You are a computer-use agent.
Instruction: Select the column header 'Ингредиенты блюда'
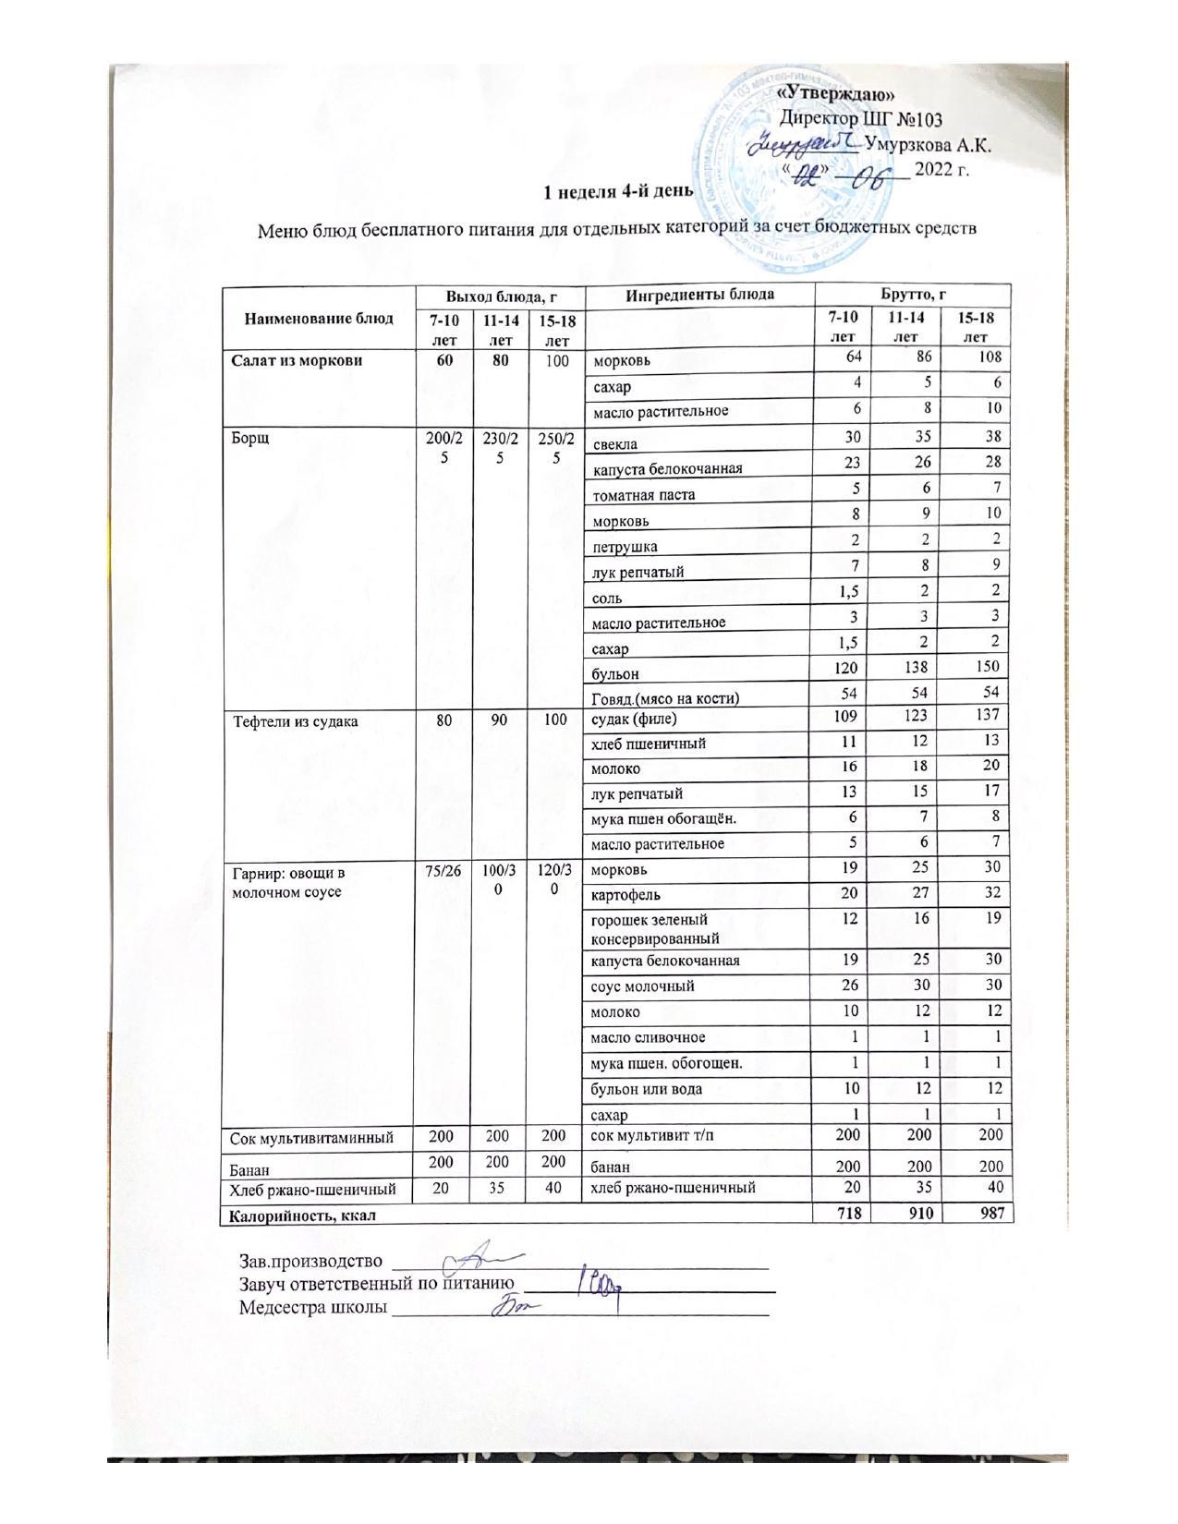699,296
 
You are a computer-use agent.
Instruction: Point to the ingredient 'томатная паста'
644,495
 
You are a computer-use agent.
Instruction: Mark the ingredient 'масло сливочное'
648,1038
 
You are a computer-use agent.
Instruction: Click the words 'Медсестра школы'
312,1308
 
